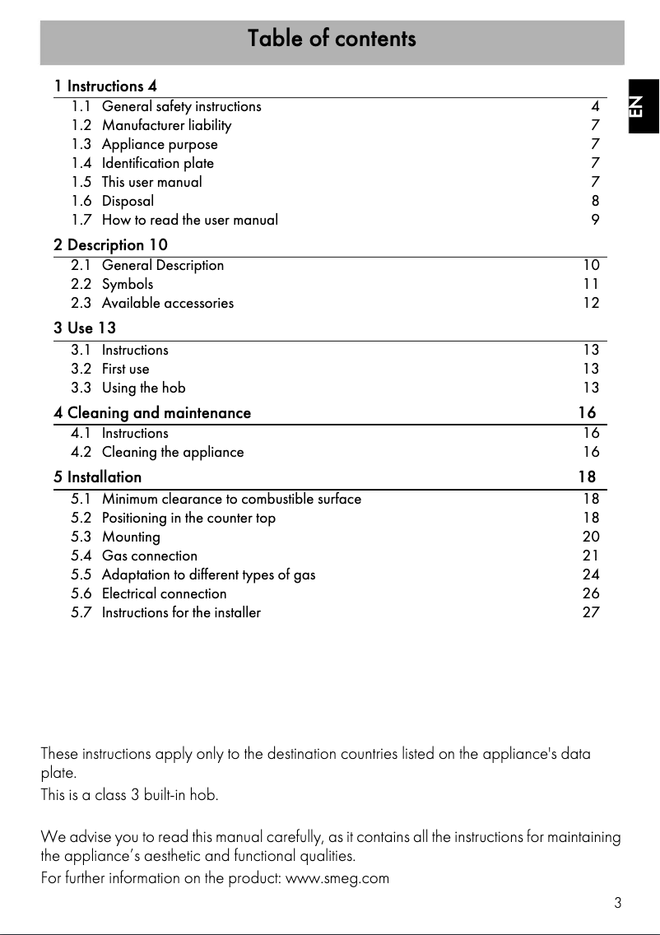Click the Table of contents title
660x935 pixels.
[332, 39]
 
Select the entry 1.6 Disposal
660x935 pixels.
[128, 201]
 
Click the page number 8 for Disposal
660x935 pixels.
[595, 201]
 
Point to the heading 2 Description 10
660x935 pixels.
[111, 245]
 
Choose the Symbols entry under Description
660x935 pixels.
[128, 284]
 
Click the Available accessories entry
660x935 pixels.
[168, 303]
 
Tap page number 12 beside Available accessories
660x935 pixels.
[591, 303]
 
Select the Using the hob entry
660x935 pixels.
[144, 388]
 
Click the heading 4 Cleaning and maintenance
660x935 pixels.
[152, 413]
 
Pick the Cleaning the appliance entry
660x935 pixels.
[173, 452]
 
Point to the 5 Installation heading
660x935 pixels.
[98, 477]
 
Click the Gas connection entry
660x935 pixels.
[150, 556]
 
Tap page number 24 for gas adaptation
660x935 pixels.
[591, 574]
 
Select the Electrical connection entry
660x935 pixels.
[165, 593]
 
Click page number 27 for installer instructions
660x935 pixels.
[591, 612]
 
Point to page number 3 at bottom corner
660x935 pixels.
[617, 904]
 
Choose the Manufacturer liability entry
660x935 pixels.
[166, 125]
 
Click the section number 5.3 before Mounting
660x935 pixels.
[81, 537]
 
